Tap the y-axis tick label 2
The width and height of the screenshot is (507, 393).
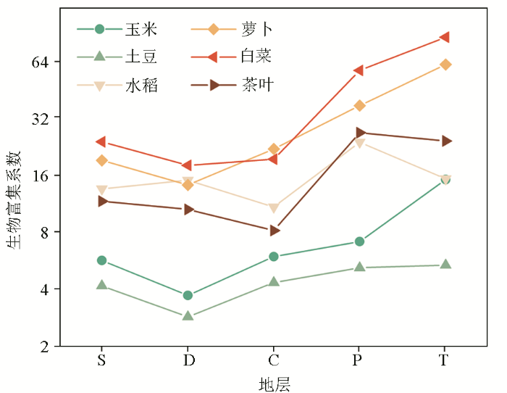tap(44, 347)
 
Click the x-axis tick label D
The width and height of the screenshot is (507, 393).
tap(188, 360)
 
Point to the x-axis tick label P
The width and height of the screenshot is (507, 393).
tap(359, 360)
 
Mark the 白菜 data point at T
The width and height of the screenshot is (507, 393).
tap(445, 37)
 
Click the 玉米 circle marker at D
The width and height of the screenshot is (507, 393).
tap(188, 295)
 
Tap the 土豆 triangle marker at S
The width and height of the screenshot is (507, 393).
tap(102, 285)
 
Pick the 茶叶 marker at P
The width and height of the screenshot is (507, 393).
tap(360, 133)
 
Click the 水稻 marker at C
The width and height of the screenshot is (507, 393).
tap(274, 208)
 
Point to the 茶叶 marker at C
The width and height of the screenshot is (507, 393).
tap(275, 231)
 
